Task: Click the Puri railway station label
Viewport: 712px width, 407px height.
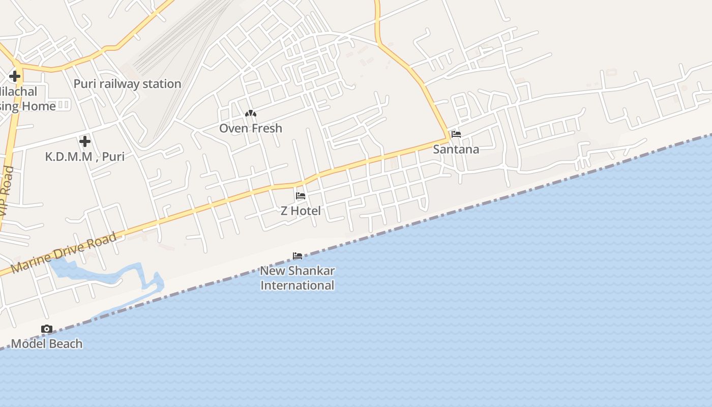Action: [127, 84]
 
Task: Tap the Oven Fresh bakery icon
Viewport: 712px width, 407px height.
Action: [251, 114]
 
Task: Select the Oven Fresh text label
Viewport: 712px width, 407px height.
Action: [251, 128]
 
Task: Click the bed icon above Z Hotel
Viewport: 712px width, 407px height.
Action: [301, 196]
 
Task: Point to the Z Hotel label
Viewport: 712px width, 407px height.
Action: [301, 211]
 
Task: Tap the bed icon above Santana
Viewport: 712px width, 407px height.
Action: [456, 134]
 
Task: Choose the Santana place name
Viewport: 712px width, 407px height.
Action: [456, 149]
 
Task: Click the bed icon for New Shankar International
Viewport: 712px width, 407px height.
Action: [298, 256]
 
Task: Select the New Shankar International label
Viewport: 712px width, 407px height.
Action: [298, 278]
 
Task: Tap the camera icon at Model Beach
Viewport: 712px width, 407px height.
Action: [47, 329]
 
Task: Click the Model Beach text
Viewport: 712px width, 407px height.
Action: [47, 344]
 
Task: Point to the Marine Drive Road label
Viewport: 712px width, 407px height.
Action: [64, 253]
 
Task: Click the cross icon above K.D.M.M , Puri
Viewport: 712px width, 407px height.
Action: [85, 141]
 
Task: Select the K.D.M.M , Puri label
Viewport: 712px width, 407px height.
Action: [85, 156]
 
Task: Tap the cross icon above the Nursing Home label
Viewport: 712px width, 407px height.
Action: [15, 77]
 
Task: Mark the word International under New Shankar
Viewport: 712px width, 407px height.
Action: [298, 285]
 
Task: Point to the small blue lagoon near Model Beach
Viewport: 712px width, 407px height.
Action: [102, 272]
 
